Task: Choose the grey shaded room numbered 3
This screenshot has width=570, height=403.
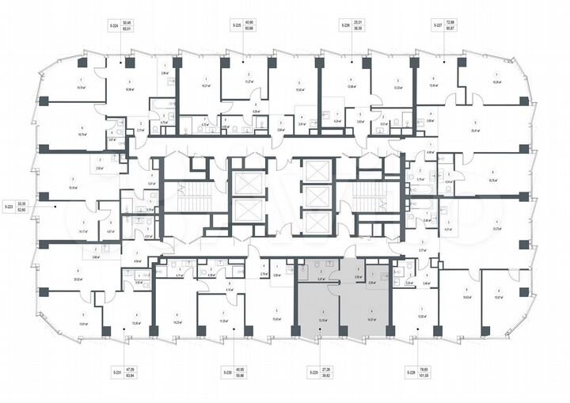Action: click(317, 305)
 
